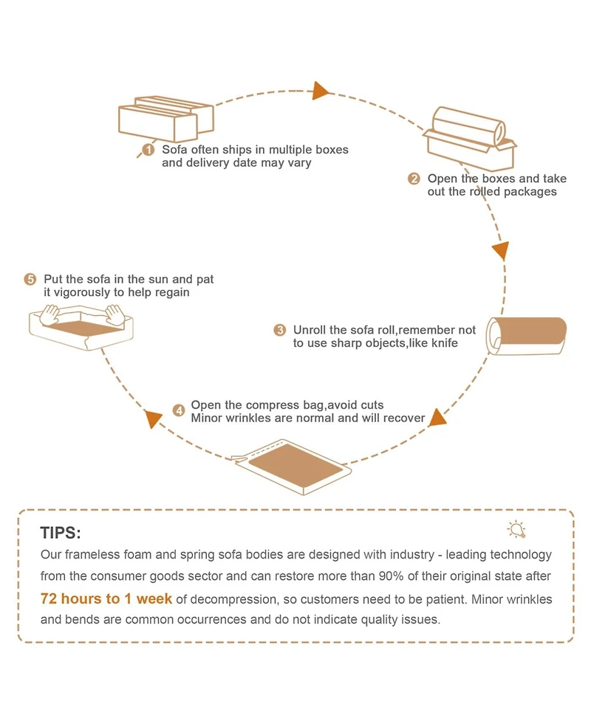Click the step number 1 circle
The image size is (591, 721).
(148, 150)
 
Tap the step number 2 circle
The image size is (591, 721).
(414, 179)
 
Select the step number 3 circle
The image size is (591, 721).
(279, 330)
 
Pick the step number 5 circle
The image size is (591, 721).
(30, 280)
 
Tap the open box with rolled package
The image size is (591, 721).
(470, 137)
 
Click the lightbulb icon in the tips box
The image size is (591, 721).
(516, 528)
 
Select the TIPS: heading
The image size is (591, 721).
(61, 533)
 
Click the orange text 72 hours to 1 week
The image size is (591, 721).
(106, 598)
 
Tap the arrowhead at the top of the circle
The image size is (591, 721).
(320, 91)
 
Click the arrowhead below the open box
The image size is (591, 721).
(501, 249)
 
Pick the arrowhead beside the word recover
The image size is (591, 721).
(437, 418)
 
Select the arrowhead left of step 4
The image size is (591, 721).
(153, 419)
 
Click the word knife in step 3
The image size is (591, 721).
(442, 343)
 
